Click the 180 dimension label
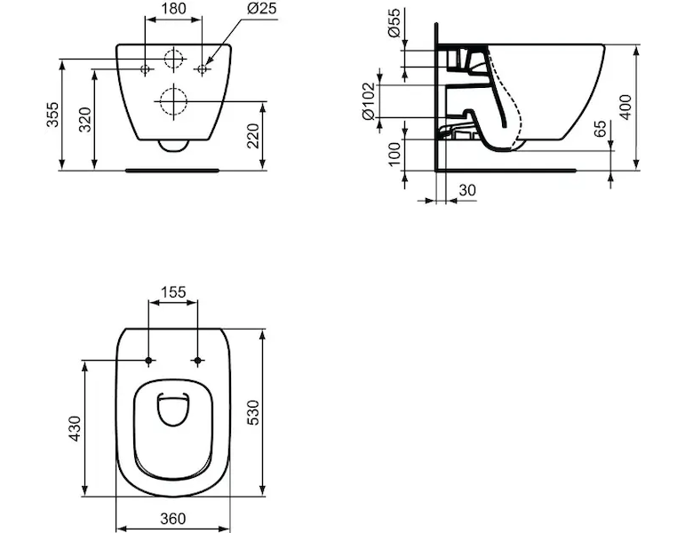(173, 8)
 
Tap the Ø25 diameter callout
(261, 8)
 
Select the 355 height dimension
(52, 115)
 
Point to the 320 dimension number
(84, 119)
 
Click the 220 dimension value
(253, 136)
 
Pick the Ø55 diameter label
(394, 23)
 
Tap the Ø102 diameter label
(369, 101)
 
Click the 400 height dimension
(625, 107)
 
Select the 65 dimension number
(601, 129)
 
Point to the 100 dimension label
(394, 154)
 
